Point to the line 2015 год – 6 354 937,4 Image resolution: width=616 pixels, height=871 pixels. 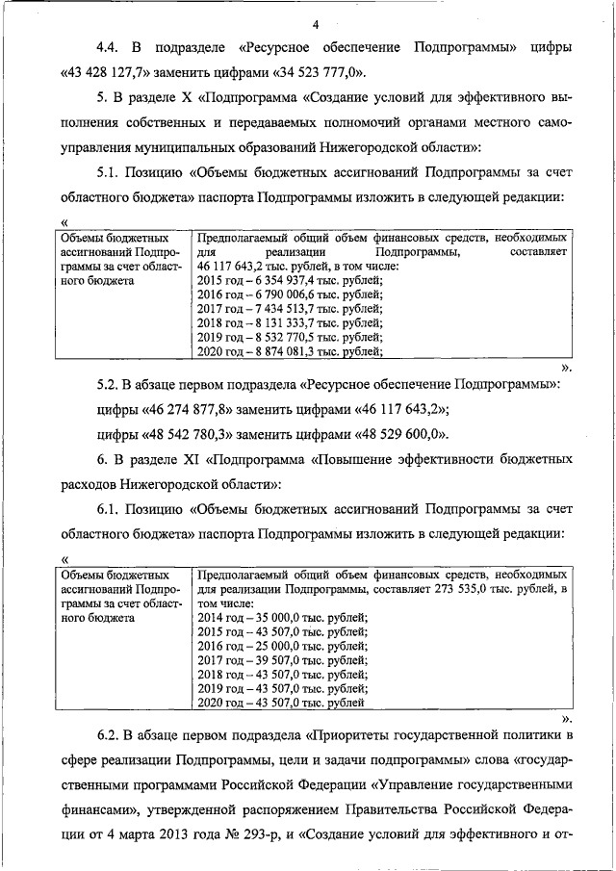point(289,281)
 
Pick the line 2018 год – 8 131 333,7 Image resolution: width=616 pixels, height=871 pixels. point(289,322)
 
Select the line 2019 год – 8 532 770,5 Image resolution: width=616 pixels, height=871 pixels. point(289,337)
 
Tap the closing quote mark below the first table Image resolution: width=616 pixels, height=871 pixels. point(566,368)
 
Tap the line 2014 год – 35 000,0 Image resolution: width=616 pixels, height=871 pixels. point(281,616)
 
